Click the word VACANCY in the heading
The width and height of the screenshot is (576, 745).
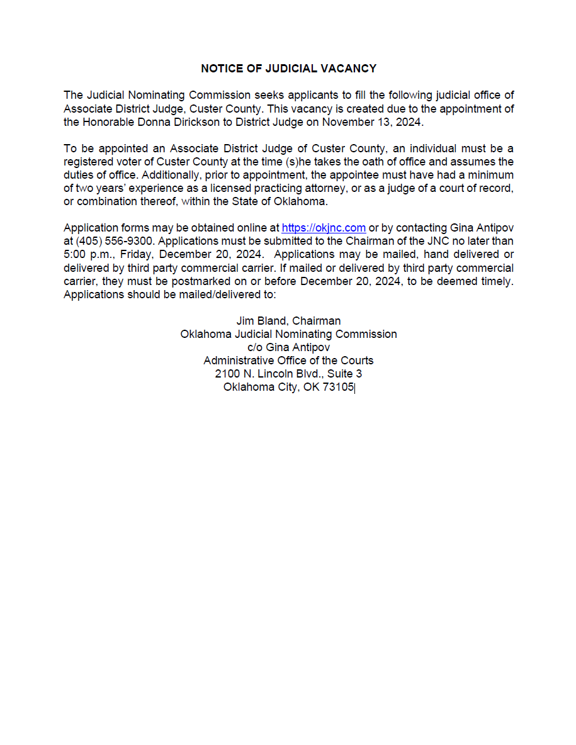pyautogui.click(x=347, y=69)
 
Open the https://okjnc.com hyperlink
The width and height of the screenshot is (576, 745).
pyautogui.click(x=324, y=228)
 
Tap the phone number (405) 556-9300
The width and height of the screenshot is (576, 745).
pyautogui.click(x=115, y=241)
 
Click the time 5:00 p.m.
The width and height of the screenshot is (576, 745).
pyautogui.click(x=85, y=254)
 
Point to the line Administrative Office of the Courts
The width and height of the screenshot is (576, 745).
pyautogui.click(x=288, y=361)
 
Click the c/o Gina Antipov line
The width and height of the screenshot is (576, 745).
pyautogui.click(x=288, y=347)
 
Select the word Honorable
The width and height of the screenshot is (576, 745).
pyautogui.click(x=110, y=122)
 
